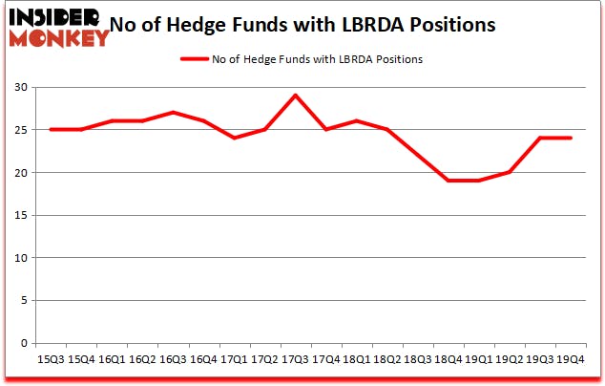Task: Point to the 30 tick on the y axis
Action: (x=20, y=88)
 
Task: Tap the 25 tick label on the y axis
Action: (x=20, y=130)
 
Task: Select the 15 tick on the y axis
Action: (x=20, y=215)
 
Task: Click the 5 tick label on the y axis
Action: (x=23, y=301)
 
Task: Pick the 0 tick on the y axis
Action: (x=23, y=343)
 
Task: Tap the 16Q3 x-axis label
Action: (x=172, y=359)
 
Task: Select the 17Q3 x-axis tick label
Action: (x=294, y=359)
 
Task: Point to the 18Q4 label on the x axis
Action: (x=447, y=359)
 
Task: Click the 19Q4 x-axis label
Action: (x=570, y=359)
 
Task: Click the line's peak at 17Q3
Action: (x=294, y=96)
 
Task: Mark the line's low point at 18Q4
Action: (x=447, y=181)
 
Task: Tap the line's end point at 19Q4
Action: (x=570, y=138)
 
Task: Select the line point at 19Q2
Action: (x=509, y=172)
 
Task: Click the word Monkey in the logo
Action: (x=59, y=38)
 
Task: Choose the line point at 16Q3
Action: (x=172, y=113)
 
